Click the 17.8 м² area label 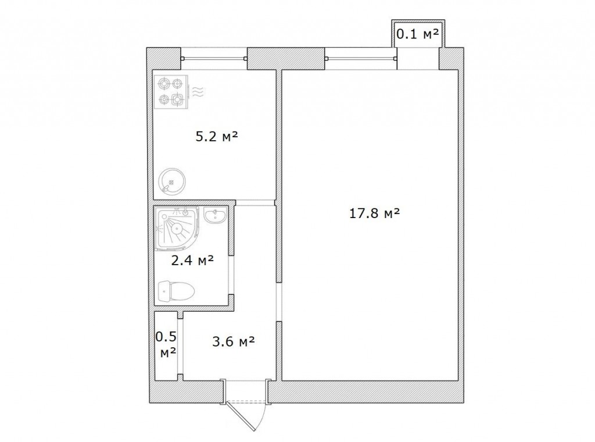(x=374, y=213)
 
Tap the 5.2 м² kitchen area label (x=217, y=136)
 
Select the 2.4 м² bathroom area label (x=192, y=260)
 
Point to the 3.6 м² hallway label (x=233, y=342)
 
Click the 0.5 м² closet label (x=167, y=344)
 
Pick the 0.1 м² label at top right (x=418, y=34)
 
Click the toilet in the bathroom (x=176, y=291)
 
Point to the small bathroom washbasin (x=216, y=215)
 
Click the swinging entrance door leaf (x=240, y=416)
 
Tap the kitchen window (x=214, y=59)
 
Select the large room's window (x=361, y=59)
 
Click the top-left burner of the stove (x=163, y=83)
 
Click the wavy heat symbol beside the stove (x=198, y=91)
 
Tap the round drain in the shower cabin (x=177, y=229)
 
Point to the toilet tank (x=164, y=291)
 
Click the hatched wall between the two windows (x=286, y=59)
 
